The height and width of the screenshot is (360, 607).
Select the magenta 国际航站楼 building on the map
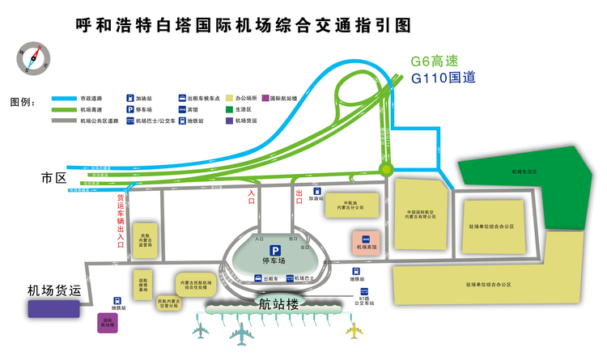pyautogui.click(x=106, y=323)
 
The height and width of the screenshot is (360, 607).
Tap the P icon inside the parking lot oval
pyautogui.click(x=275, y=251)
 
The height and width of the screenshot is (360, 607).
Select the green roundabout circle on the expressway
pyautogui.click(x=385, y=169)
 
